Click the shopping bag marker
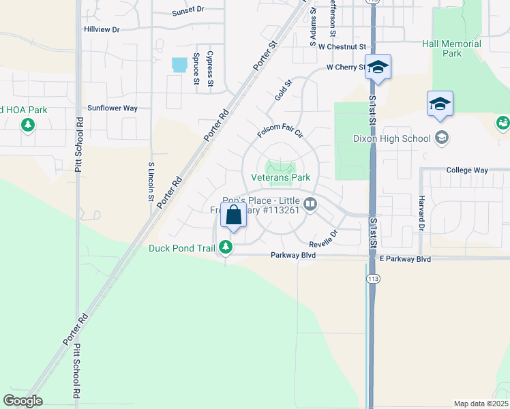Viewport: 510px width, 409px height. tap(233, 215)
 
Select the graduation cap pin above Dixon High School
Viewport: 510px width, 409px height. tap(440, 104)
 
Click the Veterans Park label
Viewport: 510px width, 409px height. tap(281, 177)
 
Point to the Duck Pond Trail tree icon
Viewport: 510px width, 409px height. tap(226, 248)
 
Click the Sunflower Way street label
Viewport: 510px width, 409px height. tap(112, 108)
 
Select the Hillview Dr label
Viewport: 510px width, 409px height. tap(102, 30)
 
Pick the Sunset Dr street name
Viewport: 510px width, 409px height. tap(188, 11)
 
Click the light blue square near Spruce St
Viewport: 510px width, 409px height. tap(180, 65)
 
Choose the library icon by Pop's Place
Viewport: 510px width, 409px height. tap(310, 204)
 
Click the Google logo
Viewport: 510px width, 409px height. tap(23, 401)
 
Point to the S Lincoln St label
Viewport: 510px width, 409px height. tap(150, 182)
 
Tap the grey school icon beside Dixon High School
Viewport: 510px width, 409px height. tap(442, 138)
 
